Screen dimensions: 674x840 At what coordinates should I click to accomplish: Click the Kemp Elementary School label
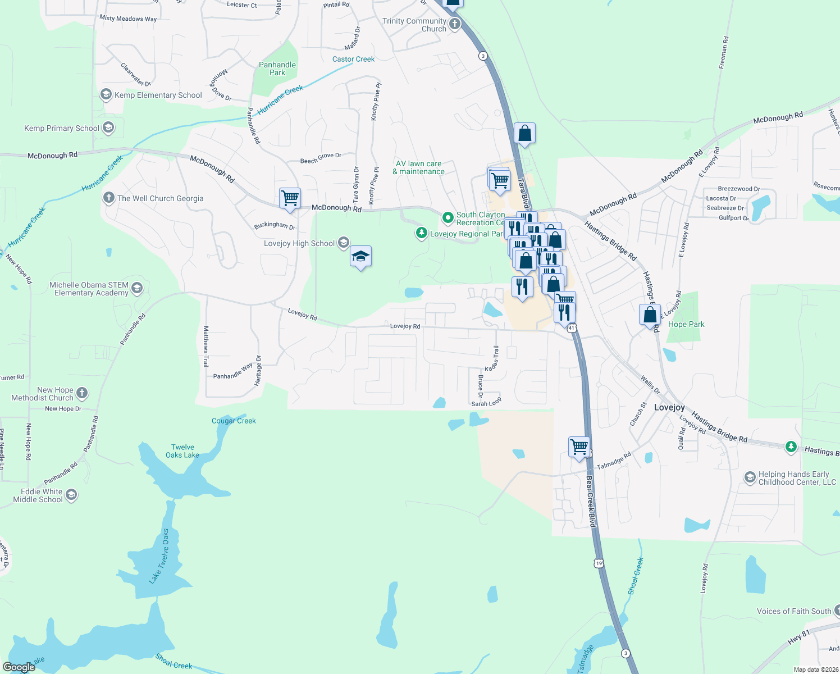[158, 95]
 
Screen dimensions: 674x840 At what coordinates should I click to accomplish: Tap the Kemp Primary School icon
[108, 128]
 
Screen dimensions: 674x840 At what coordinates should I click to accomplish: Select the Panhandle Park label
[277, 69]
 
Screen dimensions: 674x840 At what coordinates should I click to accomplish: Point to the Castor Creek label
[353, 59]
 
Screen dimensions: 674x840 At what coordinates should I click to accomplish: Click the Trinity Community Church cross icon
[454, 24]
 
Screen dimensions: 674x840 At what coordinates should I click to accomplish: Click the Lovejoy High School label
[299, 243]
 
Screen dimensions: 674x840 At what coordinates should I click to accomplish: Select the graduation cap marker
[360, 257]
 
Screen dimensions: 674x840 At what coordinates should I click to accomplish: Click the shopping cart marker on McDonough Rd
[290, 198]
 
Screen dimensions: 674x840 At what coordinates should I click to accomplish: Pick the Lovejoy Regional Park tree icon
[421, 233]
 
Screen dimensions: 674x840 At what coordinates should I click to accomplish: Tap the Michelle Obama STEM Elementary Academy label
[89, 289]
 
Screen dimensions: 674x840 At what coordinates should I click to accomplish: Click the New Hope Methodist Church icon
[82, 393]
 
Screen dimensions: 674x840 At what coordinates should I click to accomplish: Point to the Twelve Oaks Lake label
[182, 451]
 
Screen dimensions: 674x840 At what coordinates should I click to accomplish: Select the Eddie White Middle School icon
[71, 495]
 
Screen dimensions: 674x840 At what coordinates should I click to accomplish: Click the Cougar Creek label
[234, 421]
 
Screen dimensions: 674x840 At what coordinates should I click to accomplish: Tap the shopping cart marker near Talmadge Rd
[579, 448]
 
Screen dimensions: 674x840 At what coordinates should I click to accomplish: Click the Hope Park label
[686, 324]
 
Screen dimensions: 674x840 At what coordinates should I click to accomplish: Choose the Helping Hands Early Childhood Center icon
[750, 477]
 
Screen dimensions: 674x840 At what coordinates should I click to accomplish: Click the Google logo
[19, 667]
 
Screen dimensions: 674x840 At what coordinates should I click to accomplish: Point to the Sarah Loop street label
[486, 403]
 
